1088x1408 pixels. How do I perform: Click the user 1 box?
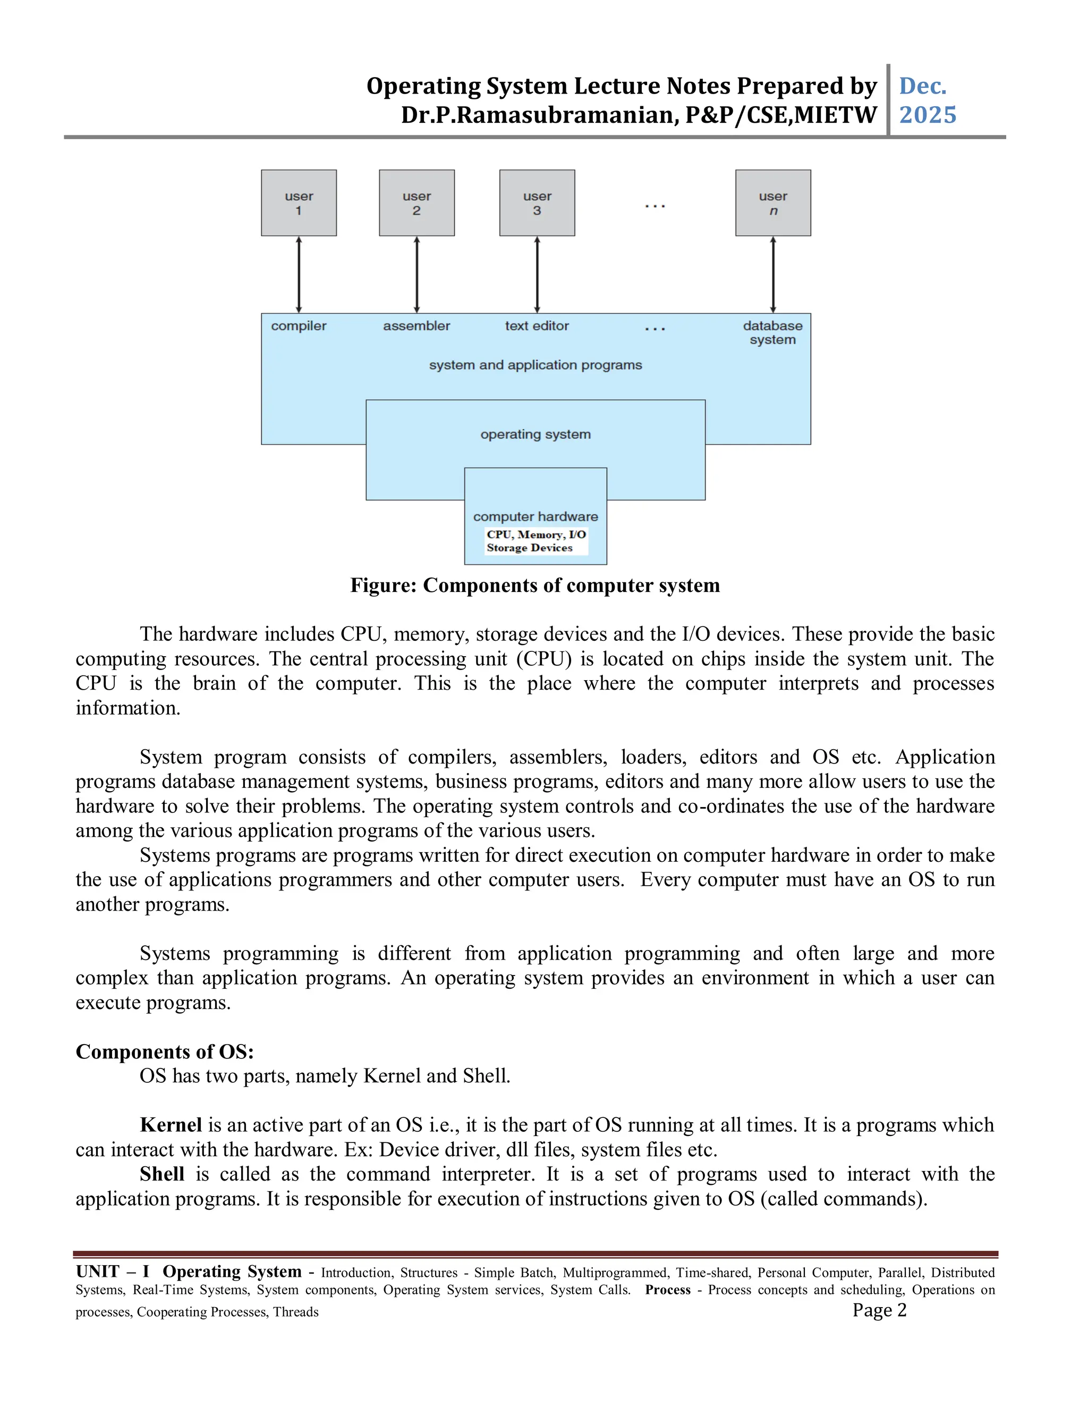pyautogui.click(x=299, y=203)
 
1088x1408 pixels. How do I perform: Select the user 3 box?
pyautogui.click(x=537, y=203)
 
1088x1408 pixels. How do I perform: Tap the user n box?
pyautogui.click(x=773, y=203)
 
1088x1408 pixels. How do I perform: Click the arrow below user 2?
pyautogui.click(x=416, y=275)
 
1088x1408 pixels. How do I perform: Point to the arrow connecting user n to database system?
pyautogui.click(x=773, y=275)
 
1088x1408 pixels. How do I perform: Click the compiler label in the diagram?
pyautogui.click(x=299, y=326)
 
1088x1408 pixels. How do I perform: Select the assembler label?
pyautogui.click(x=416, y=326)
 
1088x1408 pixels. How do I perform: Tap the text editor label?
pyautogui.click(x=537, y=326)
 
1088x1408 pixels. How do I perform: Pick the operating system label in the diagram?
pyautogui.click(x=535, y=435)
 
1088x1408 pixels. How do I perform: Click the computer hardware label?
pyautogui.click(x=535, y=516)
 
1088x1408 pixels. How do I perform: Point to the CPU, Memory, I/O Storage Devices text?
pyautogui.click(x=535, y=541)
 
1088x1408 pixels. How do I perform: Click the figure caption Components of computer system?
pyautogui.click(x=535, y=586)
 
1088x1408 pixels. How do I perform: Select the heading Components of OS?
pyautogui.click(x=164, y=1051)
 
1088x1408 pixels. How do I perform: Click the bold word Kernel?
pyautogui.click(x=171, y=1125)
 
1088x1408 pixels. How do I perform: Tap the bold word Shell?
pyautogui.click(x=162, y=1174)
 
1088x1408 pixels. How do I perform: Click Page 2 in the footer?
pyautogui.click(x=879, y=1310)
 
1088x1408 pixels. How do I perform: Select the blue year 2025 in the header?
pyautogui.click(x=927, y=115)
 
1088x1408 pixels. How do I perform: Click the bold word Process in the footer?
pyautogui.click(x=667, y=1290)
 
